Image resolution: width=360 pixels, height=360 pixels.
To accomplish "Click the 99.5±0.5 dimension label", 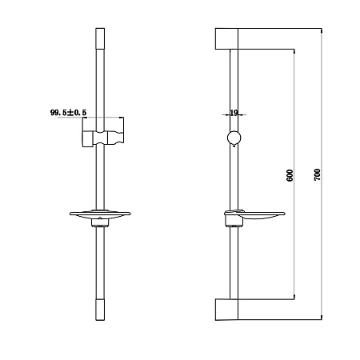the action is pos(68,113).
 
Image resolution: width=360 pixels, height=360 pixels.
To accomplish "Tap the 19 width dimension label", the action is pos(234,113).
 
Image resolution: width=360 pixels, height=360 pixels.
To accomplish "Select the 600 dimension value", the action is pos(290,175).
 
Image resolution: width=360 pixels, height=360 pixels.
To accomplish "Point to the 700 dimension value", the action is pos(317,175).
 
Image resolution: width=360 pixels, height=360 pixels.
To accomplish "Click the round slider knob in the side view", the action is pos(234,138).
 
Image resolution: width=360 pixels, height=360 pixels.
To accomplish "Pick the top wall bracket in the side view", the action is pos(226,38).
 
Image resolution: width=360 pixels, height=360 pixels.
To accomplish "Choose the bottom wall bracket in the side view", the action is pos(226,309).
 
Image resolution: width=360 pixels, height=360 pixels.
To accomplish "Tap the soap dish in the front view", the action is pos(100,214).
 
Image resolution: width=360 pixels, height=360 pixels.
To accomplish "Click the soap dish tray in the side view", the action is pos(254,214).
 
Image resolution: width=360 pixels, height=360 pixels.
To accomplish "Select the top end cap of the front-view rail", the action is pos(100,38).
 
